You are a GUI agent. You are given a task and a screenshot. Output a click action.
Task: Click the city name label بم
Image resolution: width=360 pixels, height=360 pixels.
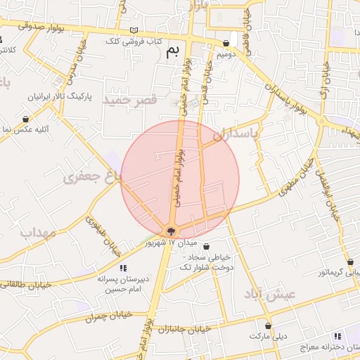tap(172, 51)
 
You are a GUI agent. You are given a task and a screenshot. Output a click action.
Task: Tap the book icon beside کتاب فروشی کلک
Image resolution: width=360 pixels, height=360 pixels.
tap(134, 31)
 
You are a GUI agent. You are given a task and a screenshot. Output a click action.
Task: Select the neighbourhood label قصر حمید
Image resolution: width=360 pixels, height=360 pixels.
tap(129, 101)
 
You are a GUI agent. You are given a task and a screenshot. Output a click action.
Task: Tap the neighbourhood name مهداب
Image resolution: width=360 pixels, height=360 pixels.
tap(37, 232)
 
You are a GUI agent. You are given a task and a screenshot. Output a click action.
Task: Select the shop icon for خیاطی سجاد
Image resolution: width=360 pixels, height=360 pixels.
tap(206, 246)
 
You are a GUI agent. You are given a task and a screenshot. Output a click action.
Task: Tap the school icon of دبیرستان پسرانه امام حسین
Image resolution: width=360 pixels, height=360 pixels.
tap(123, 267)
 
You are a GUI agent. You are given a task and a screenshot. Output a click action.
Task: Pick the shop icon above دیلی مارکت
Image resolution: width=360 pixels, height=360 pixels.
tap(268, 326)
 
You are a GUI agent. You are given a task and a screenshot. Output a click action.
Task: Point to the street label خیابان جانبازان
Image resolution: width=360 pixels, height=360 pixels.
tap(185, 329)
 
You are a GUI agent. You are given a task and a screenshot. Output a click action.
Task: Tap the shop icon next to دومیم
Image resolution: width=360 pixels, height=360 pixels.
tap(235, 41)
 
